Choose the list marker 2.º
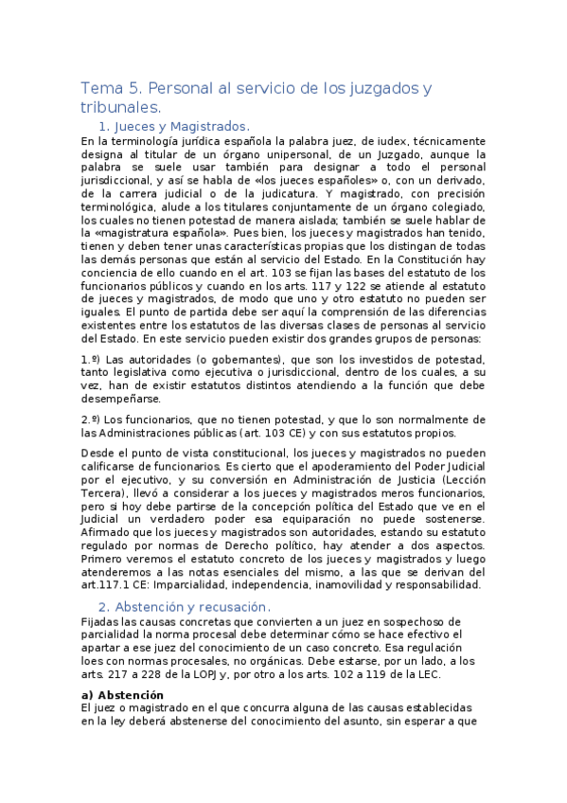(x=90, y=419)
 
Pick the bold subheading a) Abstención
(x=124, y=694)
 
